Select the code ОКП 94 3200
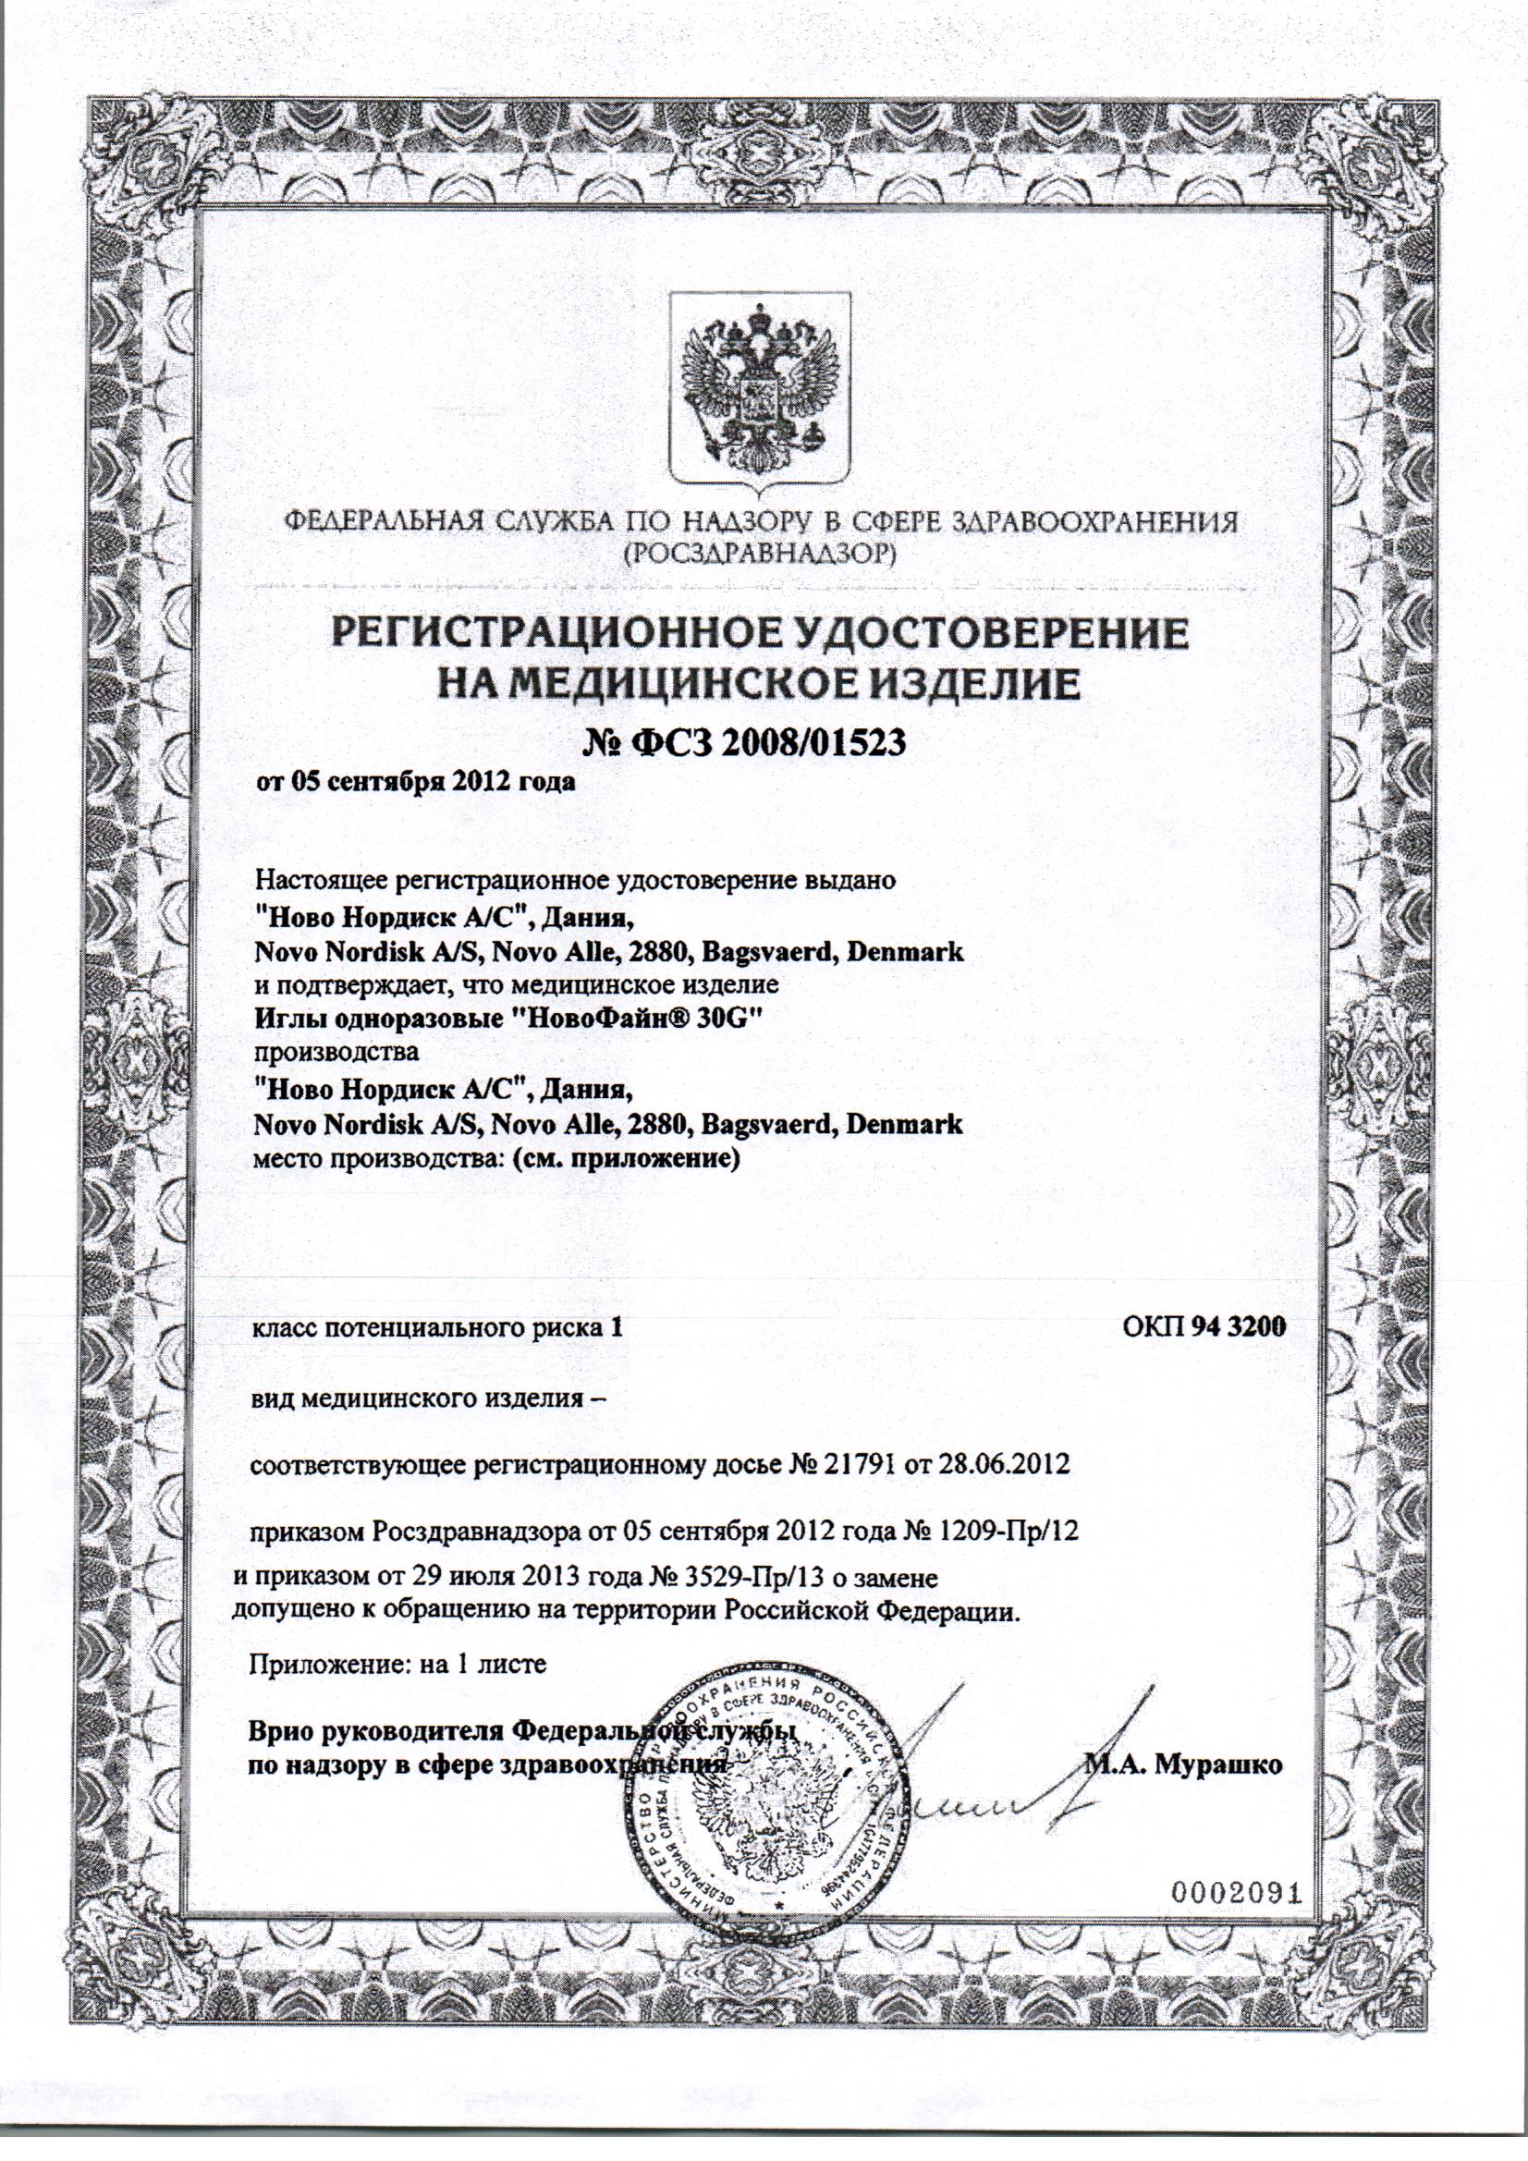click(x=1204, y=1325)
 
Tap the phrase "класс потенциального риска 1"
click(x=436, y=1326)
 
